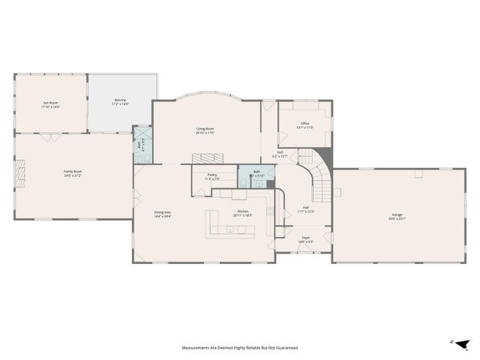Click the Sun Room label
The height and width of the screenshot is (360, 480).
(50, 103)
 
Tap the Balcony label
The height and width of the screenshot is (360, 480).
(120, 100)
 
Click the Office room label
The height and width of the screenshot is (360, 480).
(305, 124)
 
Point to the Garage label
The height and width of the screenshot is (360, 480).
(397, 215)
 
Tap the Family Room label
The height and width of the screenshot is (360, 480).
(73, 172)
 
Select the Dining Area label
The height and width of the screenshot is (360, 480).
(163, 212)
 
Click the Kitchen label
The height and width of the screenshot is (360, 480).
(243, 211)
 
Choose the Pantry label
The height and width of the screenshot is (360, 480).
(212, 175)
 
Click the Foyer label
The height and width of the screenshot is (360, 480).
(305, 240)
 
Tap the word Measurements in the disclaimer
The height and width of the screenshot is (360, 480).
(196, 348)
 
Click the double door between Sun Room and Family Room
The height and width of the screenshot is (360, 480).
(50, 136)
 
